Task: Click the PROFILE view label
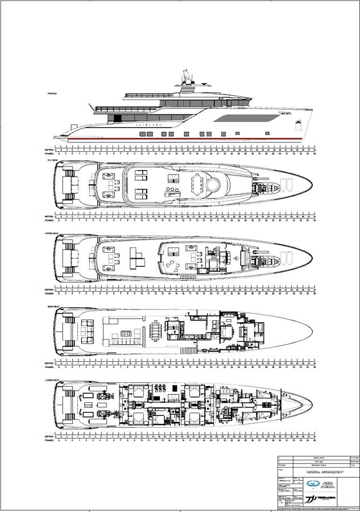click(x=52, y=93)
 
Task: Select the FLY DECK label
click(x=53, y=160)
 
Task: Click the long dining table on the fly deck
click(x=198, y=184)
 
